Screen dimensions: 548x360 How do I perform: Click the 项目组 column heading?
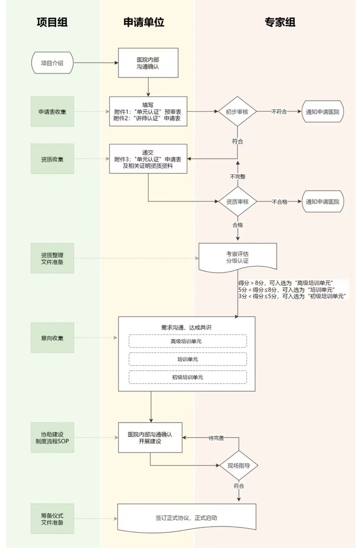[52, 22]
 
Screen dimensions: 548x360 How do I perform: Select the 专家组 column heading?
[280, 22]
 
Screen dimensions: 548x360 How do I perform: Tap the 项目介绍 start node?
[52, 63]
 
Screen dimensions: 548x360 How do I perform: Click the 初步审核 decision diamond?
[237, 112]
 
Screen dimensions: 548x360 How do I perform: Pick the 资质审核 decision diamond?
[237, 202]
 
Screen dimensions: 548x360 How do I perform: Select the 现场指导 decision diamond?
[239, 465]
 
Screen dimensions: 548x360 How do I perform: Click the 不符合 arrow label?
[279, 112]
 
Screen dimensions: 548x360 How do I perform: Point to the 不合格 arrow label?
[279, 202]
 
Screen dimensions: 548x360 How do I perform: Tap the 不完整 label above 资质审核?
[238, 177]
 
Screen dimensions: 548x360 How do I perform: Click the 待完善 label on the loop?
[216, 438]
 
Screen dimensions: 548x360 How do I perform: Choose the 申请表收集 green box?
[52, 112]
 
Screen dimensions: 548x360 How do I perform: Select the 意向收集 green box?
[52, 338]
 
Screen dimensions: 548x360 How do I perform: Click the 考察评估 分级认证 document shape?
[238, 257]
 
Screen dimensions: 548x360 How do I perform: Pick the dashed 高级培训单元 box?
[188, 341]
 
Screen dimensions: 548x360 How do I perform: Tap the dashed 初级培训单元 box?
[188, 377]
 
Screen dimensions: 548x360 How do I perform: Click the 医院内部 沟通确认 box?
[148, 63]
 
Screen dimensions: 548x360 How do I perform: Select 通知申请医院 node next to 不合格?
[323, 202]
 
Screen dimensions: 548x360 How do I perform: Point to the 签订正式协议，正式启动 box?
[187, 518]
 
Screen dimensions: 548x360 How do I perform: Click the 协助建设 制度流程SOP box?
[52, 438]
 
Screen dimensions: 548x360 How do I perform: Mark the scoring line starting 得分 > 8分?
[286, 283]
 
